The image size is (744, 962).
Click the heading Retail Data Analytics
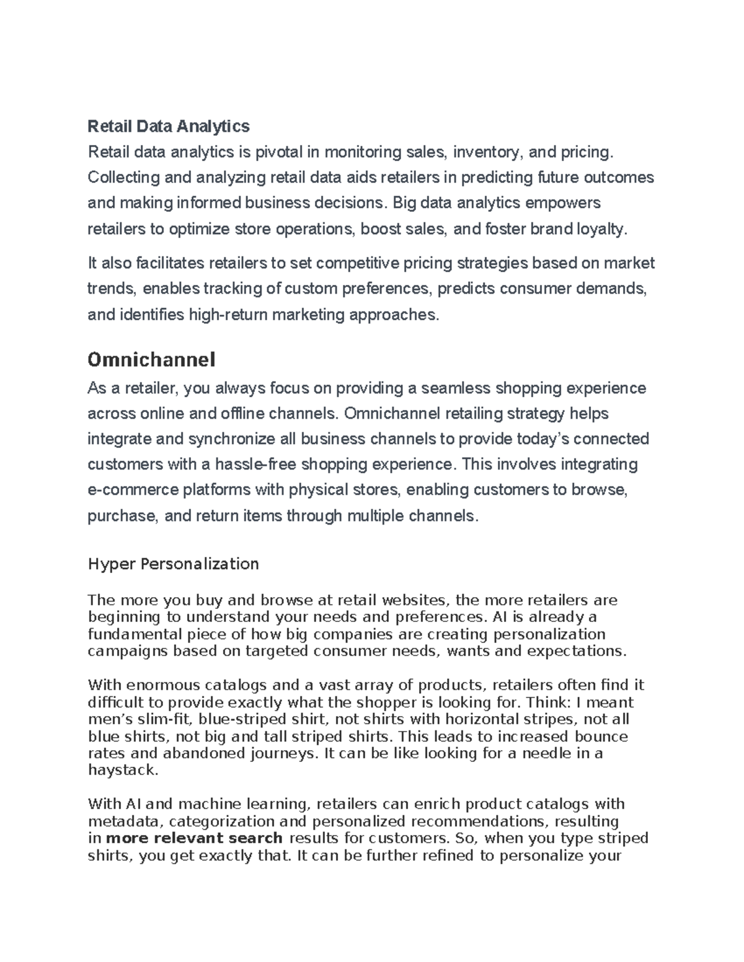[169, 126]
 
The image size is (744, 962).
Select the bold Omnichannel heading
[151, 359]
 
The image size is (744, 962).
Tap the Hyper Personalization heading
[173, 564]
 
